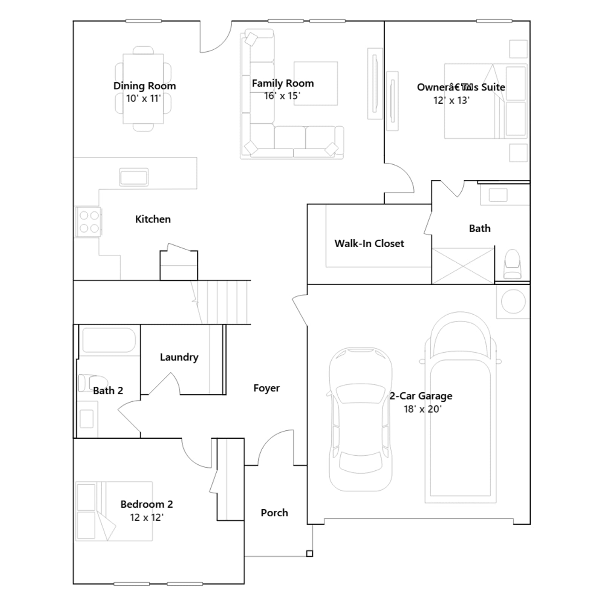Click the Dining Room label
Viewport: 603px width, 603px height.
(145, 86)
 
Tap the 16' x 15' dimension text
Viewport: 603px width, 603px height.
(282, 96)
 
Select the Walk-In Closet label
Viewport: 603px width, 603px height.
(369, 243)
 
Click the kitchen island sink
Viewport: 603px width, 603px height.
(134, 177)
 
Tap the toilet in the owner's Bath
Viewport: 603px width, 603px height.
(512, 264)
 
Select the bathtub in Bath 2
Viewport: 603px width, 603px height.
(109, 340)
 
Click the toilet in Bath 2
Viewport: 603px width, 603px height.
(92, 383)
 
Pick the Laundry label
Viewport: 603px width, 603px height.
(179, 357)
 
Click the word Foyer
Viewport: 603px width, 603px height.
(266, 388)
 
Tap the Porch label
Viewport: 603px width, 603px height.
(274, 513)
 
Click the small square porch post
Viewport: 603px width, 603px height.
(309, 554)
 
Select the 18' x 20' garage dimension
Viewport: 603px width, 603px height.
(422, 409)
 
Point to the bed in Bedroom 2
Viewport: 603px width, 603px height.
(114, 511)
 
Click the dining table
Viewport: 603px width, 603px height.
(143, 89)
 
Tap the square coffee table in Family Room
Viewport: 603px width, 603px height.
(316, 84)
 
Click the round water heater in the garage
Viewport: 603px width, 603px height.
(513, 301)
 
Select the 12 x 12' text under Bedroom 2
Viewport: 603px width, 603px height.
(147, 517)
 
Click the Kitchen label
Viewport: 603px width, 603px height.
(153, 219)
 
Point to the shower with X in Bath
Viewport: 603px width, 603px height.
(463, 266)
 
